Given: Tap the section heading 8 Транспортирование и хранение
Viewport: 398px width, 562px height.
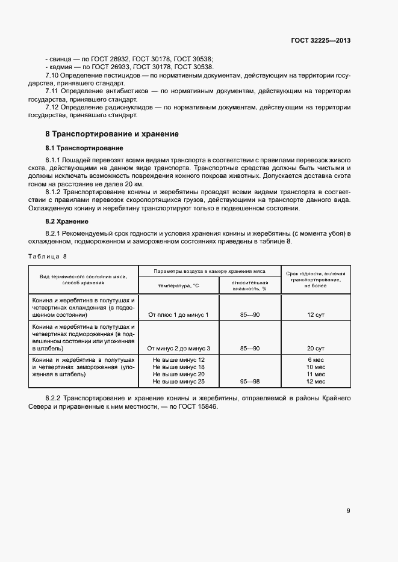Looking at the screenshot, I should [112, 133].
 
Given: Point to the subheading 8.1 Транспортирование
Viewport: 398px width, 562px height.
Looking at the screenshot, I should [84, 148].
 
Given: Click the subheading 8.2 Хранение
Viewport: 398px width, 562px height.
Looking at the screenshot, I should [67, 221].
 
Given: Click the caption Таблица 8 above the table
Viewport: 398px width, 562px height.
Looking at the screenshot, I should [48, 257].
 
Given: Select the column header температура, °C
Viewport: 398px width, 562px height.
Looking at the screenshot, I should [179, 286].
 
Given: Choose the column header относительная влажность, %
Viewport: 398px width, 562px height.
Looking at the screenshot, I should [249, 285].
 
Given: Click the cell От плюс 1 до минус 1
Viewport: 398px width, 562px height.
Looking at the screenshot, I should [178, 315].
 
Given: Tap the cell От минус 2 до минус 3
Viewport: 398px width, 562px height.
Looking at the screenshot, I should [178, 349].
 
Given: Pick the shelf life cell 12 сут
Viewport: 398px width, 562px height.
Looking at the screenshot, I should [316, 315].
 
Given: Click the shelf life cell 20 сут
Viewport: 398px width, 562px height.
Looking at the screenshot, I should [316, 349].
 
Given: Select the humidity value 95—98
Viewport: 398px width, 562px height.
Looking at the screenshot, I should [249, 382].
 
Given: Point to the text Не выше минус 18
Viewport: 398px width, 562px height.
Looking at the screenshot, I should [179, 367].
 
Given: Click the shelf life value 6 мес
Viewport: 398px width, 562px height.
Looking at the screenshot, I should [316, 359].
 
